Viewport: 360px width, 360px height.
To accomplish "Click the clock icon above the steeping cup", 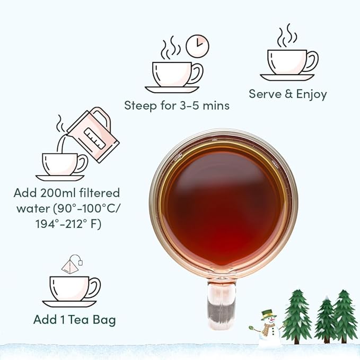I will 197,46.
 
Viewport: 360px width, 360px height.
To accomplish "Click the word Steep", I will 141,106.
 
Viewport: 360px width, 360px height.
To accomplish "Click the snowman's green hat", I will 268,314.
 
